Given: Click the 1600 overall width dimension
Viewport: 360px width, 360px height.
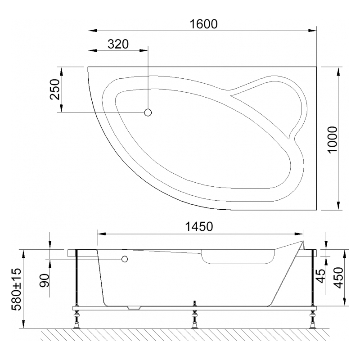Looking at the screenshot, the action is (204, 24).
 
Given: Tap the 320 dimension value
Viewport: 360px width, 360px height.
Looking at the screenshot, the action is (118, 44).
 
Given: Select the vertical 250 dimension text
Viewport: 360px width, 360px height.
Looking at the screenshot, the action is (54, 89).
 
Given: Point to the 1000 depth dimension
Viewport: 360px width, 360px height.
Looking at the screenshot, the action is (332, 139).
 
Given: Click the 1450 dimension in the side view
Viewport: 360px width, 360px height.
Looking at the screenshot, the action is (199, 227).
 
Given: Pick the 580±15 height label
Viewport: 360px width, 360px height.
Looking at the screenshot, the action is (17, 289).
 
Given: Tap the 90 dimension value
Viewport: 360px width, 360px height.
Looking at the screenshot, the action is (44, 280).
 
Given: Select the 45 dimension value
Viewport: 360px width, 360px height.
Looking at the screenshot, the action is (321, 276).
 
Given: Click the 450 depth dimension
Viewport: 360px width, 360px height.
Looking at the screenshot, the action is (339, 277).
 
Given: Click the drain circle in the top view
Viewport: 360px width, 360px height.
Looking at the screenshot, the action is (148, 112).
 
